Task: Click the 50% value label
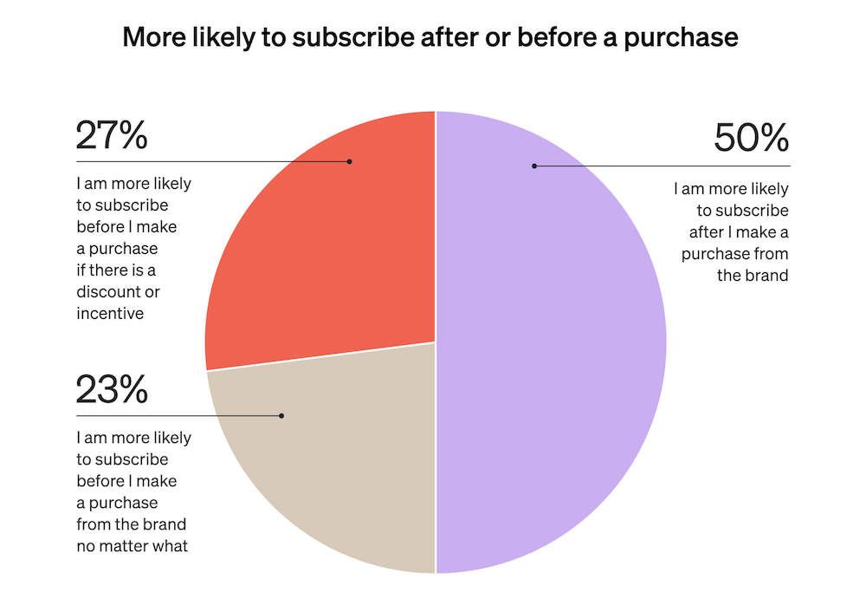click(751, 139)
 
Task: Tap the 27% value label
click(112, 135)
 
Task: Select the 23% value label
click(112, 390)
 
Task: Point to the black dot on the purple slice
click(534, 166)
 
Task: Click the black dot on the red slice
click(350, 161)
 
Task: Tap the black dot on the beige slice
click(281, 416)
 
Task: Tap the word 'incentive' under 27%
click(110, 314)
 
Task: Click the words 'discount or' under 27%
click(118, 292)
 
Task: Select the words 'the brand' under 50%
click(756, 276)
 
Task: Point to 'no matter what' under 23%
click(132, 546)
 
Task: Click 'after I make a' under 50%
click(739, 232)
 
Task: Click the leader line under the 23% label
click(173, 416)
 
